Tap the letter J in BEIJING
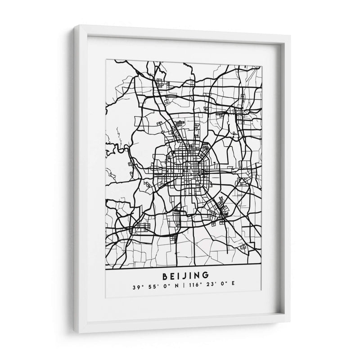[179, 275]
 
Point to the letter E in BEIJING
[167, 275]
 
